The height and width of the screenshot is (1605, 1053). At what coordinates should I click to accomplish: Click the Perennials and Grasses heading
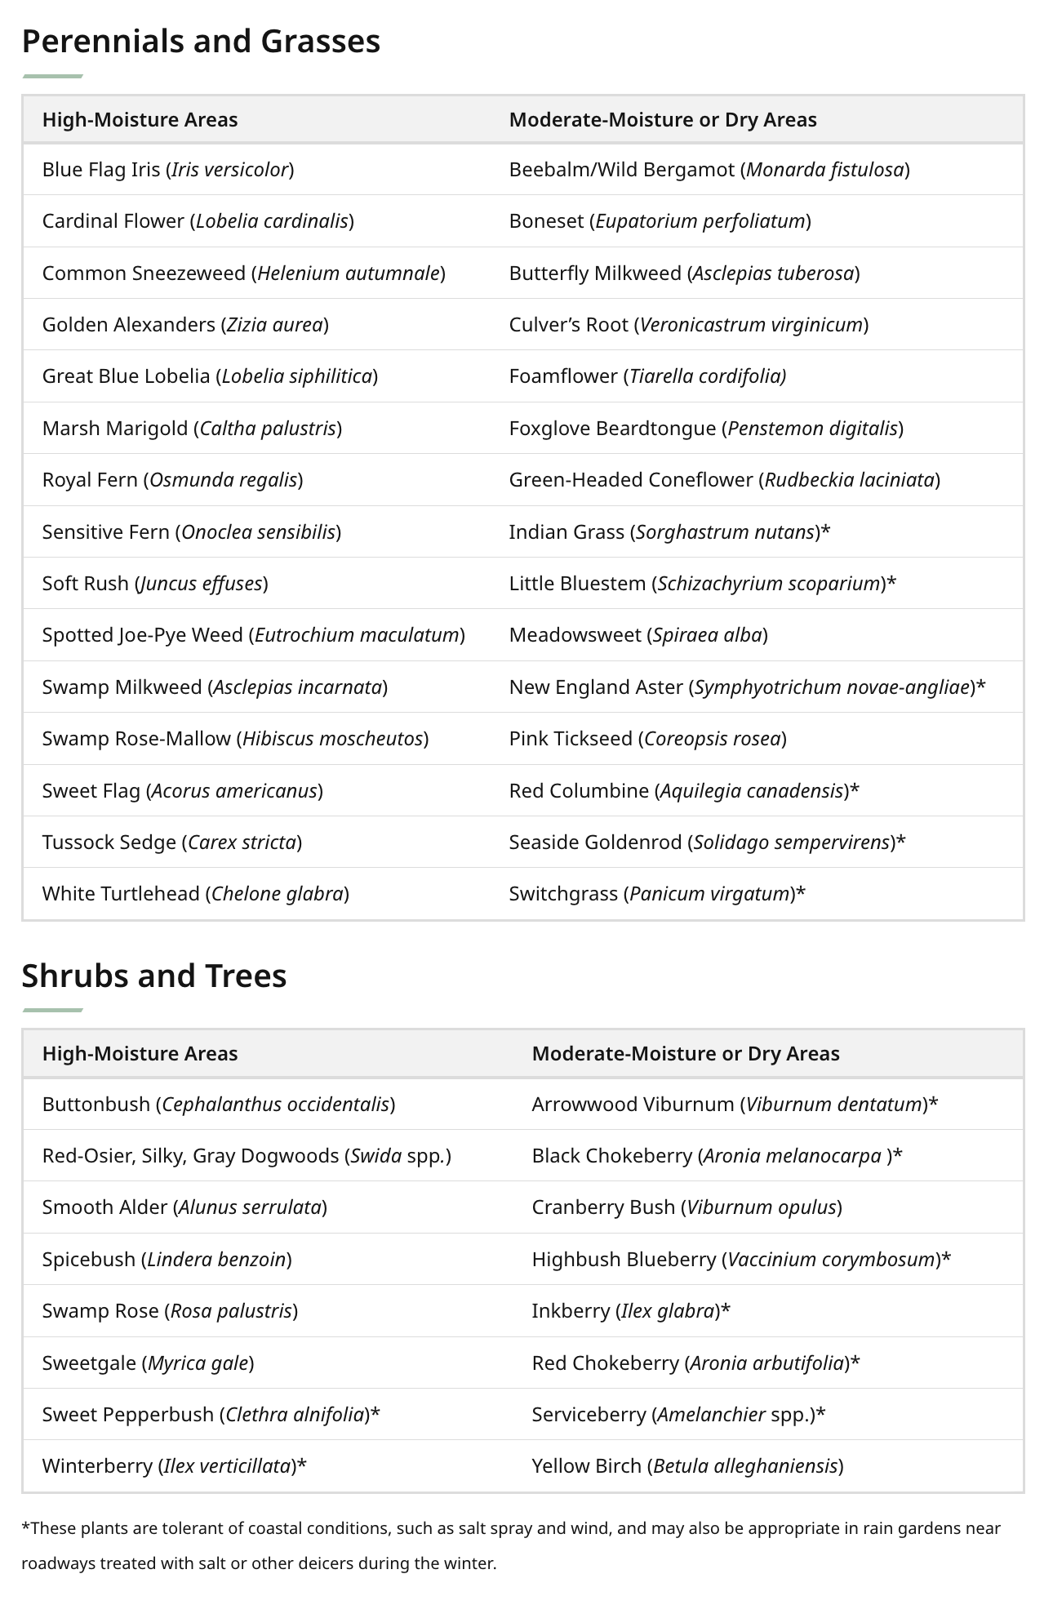201,41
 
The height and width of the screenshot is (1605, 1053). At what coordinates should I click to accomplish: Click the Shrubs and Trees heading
154,976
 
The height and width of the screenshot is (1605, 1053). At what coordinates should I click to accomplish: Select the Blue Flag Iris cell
168,169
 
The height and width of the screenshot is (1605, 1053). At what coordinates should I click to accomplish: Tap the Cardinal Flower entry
198,220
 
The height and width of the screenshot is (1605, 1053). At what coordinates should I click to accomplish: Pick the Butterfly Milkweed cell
684,273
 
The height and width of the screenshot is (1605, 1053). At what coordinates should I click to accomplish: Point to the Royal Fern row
172,479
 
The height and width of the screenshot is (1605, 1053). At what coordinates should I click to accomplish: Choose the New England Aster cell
747,687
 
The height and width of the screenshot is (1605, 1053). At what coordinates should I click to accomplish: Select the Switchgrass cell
657,893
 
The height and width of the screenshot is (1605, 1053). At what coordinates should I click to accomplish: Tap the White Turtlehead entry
196,893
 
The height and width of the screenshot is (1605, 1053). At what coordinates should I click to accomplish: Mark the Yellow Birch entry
687,1465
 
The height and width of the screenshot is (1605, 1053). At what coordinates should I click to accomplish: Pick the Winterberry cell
174,1465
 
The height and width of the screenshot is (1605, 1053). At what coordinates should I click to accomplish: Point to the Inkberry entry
631,1310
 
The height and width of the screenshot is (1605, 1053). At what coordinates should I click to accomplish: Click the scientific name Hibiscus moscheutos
332,738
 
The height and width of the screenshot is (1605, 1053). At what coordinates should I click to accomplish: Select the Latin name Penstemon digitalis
812,428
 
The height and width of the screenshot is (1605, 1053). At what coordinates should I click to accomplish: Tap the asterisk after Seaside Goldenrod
901,842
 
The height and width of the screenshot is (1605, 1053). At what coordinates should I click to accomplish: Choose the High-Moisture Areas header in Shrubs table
140,1053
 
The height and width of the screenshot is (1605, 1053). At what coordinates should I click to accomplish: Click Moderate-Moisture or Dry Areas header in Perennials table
663,119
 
